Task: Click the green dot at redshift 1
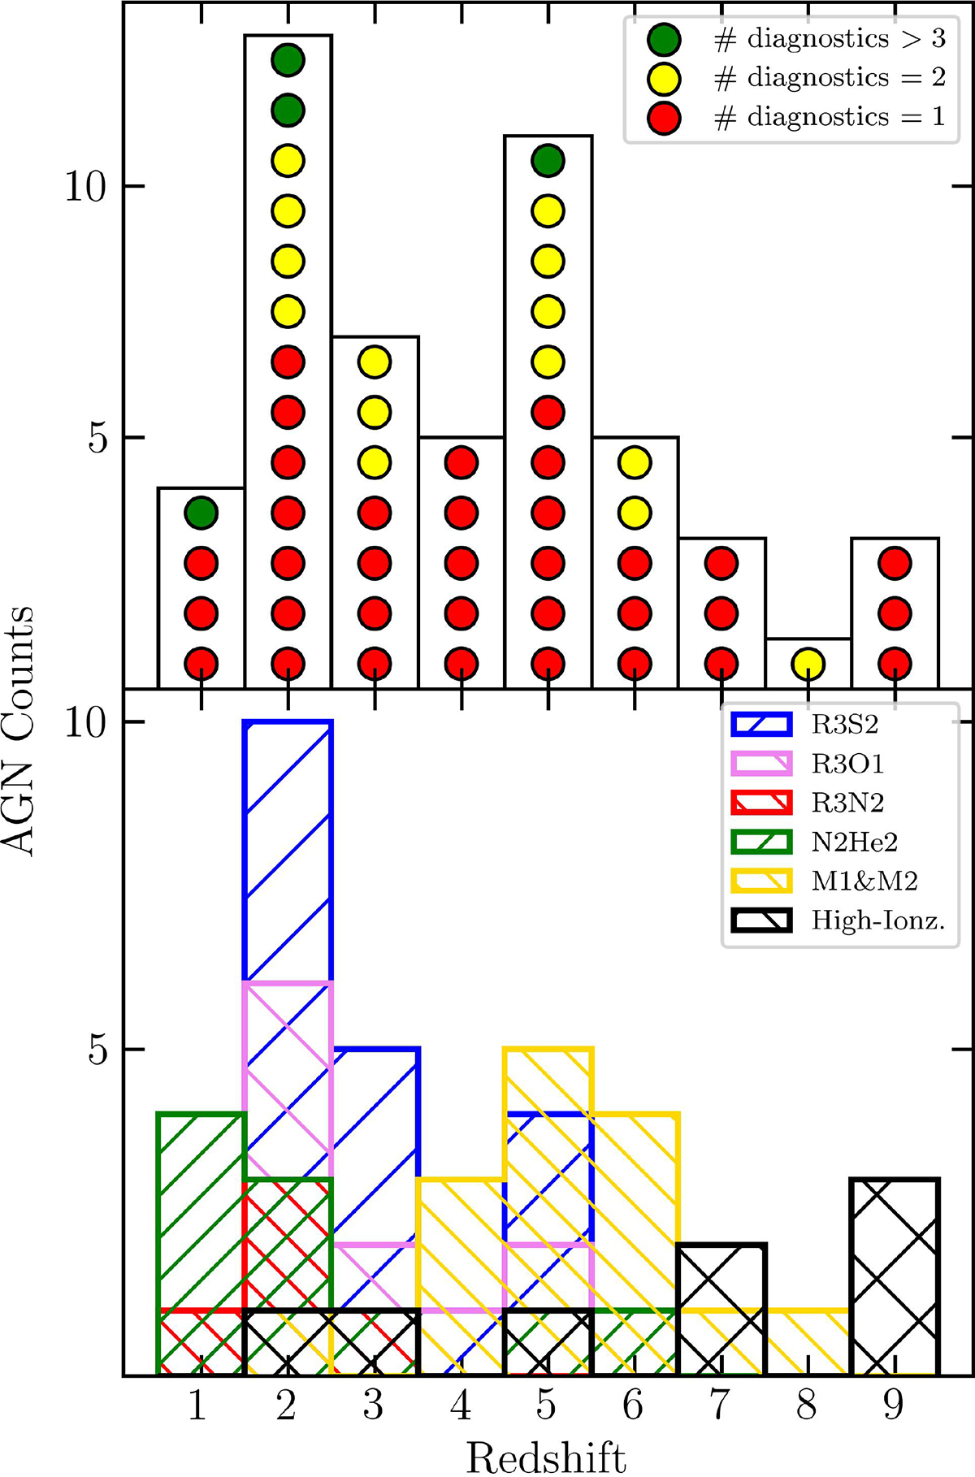coord(201,513)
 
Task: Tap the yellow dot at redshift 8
coord(808,664)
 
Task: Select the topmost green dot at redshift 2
coord(288,59)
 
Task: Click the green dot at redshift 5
coord(548,160)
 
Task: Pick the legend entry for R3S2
coord(805,724)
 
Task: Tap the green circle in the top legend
coord(664,39)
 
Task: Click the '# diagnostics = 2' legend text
coord(830,78)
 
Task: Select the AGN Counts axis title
coord(19,730)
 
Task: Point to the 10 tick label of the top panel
coord(85,186)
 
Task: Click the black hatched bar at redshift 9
coord(895,1277)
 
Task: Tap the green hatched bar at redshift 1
coord(201,1244)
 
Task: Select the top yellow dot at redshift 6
coord(635,462)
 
